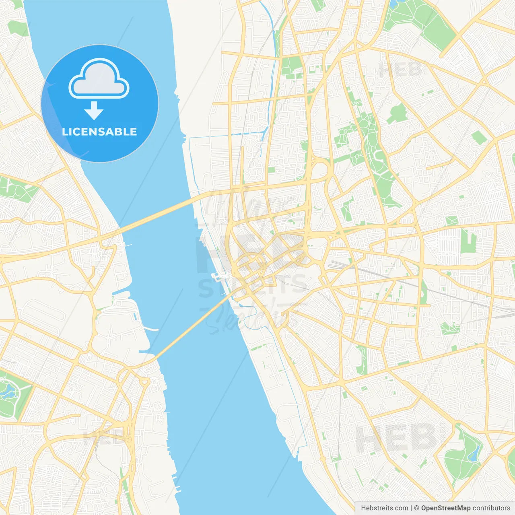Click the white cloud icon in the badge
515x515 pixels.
pyautogui.click(x=99, y=79)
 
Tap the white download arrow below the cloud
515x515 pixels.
pyautogui.click(x=94, y=111)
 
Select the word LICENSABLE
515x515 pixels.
pyautogui.click(x=99, y=132)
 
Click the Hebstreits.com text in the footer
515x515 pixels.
pyautogui.click(x=384, y=508)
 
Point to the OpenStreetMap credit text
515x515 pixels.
pyautogui.click(x=445, y=508)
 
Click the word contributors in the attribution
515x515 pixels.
pyautogui.click(x=491, y=508)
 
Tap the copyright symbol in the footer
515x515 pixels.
pyautogui.click(x=416, y=508)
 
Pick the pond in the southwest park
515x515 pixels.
pyautogui.click(x=7, y=389)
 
